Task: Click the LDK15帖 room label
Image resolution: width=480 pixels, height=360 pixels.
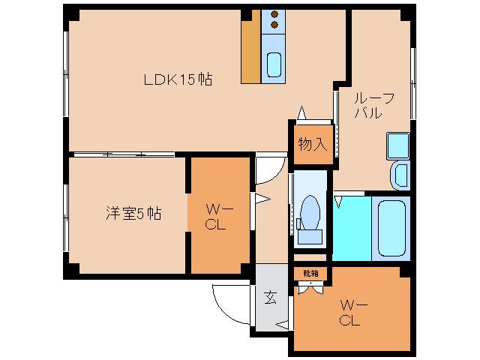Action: tap(178, 79)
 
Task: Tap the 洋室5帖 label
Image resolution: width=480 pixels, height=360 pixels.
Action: tap(133, 213)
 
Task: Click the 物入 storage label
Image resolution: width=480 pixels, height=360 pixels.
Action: tap(312, 144)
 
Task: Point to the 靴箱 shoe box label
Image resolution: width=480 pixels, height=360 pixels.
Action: tap(310, 273)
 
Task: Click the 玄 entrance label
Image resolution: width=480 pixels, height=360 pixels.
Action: tap(270, 296)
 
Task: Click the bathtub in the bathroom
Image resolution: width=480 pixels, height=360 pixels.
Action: tap(393, 228)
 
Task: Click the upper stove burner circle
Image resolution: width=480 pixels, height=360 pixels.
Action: tap(274, 13)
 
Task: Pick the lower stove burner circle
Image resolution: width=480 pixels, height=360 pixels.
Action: tap(274, 25)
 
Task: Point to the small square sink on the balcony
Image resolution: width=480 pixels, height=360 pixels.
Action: tap(396, 143)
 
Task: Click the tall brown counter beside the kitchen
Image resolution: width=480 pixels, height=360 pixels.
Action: tap(250, 46)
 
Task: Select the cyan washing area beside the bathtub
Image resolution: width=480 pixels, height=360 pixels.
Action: tap(352, 228)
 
